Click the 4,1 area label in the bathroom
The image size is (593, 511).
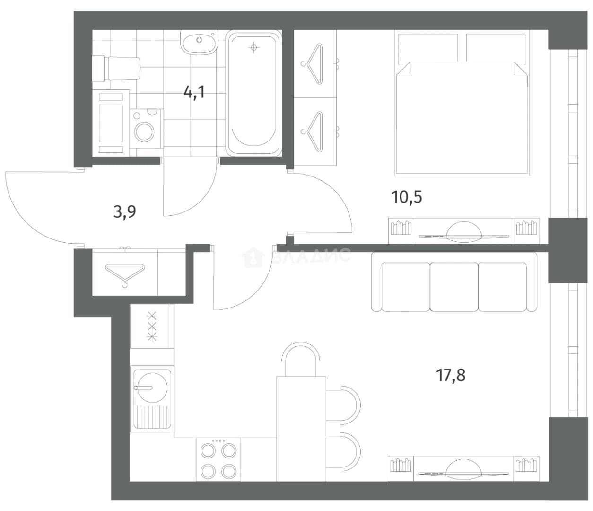tap(194, 92)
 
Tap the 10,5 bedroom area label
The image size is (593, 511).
tap(407, 197)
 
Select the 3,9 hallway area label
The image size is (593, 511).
tap(124, 211)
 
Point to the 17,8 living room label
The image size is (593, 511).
tap(451, 375)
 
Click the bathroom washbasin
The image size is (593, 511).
tap(199, 42)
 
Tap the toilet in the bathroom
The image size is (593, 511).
tap(116, 68)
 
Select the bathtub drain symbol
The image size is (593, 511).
tap(253, 47)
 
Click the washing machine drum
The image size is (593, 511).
tap(144, 132)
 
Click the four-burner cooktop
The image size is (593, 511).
tap(218, 460)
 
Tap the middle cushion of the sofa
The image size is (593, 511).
tap(454, 287)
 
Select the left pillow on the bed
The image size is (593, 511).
tap(428, 48)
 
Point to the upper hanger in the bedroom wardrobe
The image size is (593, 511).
tap(313, 64)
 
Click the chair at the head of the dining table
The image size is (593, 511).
tap(301, 359)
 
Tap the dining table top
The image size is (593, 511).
tap(301, 429)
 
